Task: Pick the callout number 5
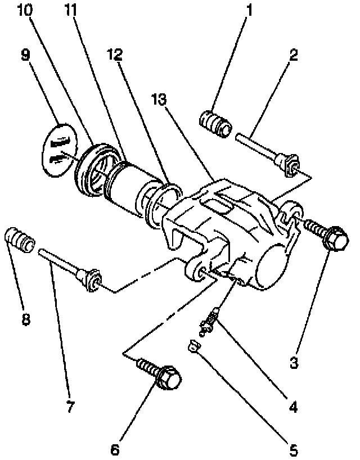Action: [x=292, y=450]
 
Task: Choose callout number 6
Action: [x=115, y=450]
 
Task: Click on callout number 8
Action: [x=26, y=319]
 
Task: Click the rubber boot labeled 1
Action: [x=215, y=123]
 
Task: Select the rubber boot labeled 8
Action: [x=20, y=241]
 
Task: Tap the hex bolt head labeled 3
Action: [x=335, y=238]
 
